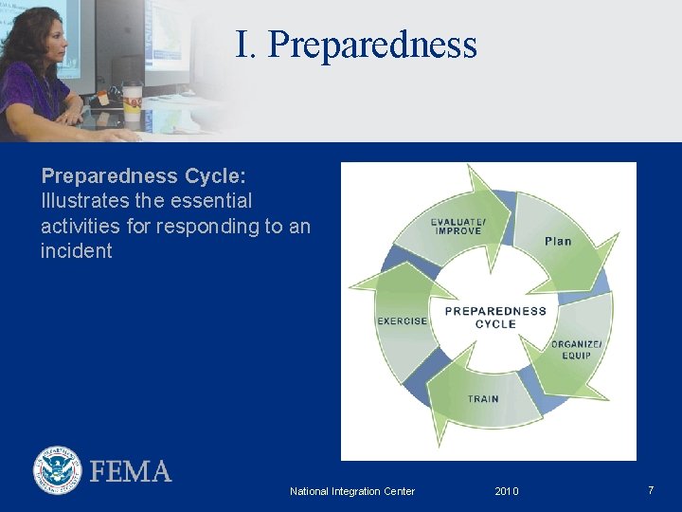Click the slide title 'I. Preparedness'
pos(356,45)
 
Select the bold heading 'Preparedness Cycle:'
pos(143,176)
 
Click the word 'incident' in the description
pos(76,251)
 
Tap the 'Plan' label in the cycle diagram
pos(558,241)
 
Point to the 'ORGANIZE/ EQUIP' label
pos(576,349)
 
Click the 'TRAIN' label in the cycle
pos(483,399)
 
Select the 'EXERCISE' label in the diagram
pos(403,321)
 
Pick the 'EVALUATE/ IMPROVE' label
pos(458,227)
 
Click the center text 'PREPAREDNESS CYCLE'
pos(494,317)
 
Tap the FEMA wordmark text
pos(131,471)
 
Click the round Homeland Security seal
pos(58,470)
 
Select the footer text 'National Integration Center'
pos(351,491)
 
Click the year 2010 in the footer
pos(507,491)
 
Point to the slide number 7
pos(651,490)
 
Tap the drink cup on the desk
pos(132,104)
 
